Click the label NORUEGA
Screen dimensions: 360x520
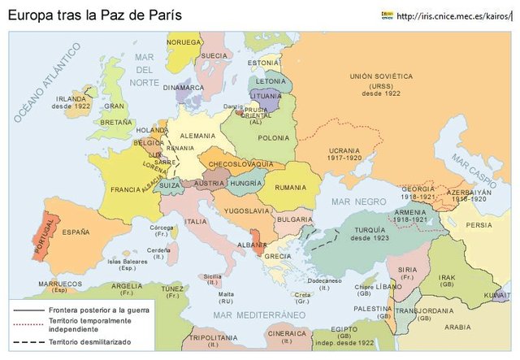click(x=184, y=41)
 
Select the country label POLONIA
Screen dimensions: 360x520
click(x=273, y=138)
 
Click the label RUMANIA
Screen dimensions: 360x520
click(x=290, y=188)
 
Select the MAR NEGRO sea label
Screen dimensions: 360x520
click(x=353, y=201)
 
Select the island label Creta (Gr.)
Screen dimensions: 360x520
click(x=302, y=297)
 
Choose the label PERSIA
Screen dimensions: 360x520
click(x=479, y=225)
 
